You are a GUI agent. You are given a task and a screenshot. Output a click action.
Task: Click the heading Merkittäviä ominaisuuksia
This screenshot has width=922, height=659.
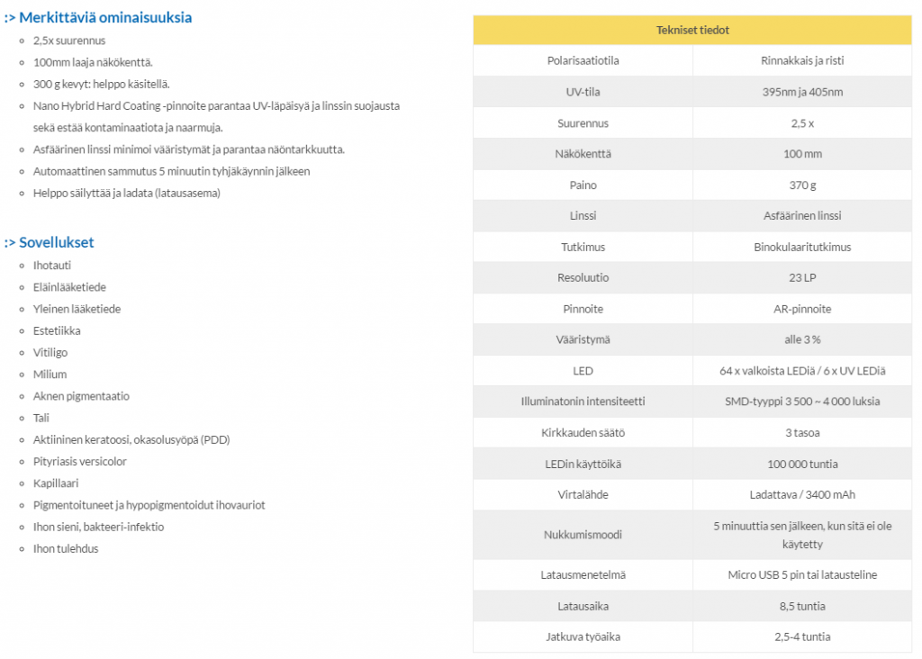104,17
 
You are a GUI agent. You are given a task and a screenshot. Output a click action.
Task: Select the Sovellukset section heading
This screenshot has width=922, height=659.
56,242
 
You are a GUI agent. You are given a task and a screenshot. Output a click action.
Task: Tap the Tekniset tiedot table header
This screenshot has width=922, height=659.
692,30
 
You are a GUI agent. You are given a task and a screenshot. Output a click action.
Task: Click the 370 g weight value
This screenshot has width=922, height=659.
802,185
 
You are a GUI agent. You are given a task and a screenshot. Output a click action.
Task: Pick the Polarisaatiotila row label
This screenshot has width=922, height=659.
583,60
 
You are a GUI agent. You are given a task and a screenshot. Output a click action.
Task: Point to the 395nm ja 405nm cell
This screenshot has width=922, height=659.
802,92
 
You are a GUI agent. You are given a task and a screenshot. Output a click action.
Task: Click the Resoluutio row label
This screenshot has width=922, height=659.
583,277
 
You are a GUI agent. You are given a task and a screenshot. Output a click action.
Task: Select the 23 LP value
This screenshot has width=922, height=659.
802,277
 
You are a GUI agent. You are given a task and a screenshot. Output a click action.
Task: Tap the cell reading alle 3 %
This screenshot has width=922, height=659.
802,339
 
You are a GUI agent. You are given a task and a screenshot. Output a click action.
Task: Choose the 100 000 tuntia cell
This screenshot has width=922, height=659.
802,464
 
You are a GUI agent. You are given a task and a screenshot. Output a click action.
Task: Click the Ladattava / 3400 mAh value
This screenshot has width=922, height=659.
802,494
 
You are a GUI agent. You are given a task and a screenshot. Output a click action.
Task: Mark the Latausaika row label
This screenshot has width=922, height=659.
583,606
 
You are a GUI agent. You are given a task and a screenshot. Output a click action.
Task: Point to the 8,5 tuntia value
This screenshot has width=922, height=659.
802,606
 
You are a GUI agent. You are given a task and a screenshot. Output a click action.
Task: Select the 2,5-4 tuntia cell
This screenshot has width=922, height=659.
802,636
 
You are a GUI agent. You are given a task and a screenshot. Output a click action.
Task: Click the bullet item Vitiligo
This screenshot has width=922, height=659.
50,353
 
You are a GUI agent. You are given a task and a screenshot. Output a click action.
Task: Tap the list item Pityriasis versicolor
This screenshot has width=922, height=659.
80,462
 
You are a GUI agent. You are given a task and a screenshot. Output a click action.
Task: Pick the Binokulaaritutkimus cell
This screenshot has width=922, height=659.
802,247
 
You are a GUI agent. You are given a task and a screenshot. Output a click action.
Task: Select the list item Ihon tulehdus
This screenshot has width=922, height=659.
66,548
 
